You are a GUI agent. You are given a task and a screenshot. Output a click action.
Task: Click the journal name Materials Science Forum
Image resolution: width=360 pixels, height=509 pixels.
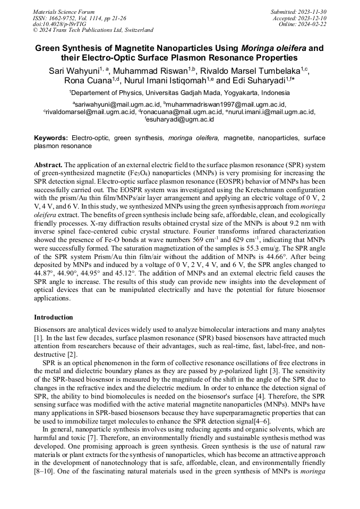pos(64,11)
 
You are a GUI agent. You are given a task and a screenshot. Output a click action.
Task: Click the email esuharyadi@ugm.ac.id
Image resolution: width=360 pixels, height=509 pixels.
pos(181,120)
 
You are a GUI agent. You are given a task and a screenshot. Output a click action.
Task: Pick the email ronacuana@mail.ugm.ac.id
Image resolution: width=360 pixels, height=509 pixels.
pos(182,112)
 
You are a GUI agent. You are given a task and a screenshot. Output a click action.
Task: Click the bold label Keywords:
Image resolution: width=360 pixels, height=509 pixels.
pos(51,138)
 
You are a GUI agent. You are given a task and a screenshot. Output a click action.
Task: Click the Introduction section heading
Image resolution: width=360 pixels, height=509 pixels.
pos(54,317)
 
